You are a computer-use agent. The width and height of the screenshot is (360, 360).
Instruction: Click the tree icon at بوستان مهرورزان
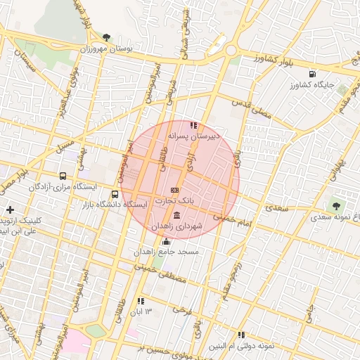(106, 37)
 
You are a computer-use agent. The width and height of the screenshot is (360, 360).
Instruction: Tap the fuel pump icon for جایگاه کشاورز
(311, 73)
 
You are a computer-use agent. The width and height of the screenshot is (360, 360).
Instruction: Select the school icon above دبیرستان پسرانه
(193, 125)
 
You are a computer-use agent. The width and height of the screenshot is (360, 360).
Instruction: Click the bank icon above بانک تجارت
(175, 191)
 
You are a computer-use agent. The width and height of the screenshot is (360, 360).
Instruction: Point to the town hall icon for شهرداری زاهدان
(175, 215)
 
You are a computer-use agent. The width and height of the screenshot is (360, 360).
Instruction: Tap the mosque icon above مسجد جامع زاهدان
(166, 241)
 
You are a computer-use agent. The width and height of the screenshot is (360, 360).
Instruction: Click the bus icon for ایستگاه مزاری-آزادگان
(63, 176)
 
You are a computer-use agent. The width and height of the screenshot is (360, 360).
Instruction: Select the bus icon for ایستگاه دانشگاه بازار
(115, 194)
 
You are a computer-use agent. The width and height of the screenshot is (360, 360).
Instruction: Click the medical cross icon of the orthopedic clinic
(10, 210)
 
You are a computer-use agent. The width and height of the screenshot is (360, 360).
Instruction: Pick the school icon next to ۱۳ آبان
(141, 301)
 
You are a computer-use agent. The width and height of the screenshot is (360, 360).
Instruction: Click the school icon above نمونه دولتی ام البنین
(241, 335)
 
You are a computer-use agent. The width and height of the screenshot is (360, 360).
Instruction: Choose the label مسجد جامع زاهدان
(169, 252)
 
